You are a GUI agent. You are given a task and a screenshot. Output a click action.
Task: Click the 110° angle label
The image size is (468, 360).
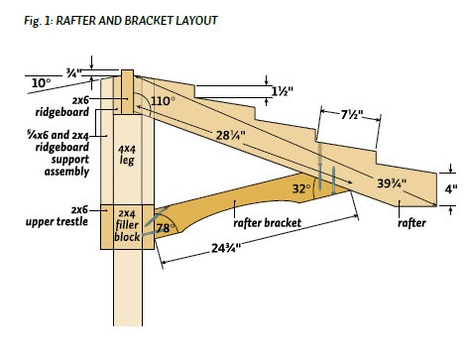[162, 101]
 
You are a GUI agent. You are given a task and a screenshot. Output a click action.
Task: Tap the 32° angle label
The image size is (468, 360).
[301, 188]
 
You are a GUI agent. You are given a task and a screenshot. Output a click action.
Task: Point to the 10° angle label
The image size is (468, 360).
[42, 83]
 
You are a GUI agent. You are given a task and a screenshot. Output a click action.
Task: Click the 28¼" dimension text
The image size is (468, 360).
[231, 135]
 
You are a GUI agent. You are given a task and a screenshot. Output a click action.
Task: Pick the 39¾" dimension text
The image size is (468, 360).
[392, 182]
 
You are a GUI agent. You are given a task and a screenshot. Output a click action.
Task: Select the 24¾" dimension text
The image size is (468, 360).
[226, 248]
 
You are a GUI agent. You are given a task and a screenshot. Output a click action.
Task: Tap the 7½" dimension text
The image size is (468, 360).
[352, 115]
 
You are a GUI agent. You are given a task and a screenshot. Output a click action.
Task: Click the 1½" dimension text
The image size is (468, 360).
[282, 91]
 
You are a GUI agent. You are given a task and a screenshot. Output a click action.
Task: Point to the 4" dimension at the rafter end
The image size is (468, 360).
[451, 189]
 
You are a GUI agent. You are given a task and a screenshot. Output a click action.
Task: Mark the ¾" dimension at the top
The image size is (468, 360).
[73, 73]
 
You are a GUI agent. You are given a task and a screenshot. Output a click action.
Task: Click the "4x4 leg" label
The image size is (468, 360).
[127, 155]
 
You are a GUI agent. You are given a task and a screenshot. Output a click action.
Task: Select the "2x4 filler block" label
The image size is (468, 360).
[127, 225]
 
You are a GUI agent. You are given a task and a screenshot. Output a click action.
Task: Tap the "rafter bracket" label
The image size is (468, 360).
[268, 223]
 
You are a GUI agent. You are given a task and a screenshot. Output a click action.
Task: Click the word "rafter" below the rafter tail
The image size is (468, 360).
[411, 223]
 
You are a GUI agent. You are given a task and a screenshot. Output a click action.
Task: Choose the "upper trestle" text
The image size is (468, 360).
[57, 221]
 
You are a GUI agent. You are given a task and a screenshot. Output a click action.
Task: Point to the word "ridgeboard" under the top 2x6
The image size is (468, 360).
[62, 112]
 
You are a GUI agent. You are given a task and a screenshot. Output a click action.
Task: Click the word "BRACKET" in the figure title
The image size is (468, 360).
[149, 21]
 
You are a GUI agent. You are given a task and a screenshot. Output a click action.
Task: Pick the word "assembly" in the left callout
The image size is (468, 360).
[66, 172]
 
